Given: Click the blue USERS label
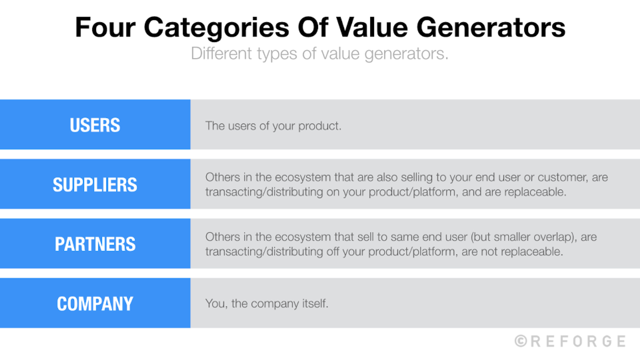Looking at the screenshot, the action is point(95,125).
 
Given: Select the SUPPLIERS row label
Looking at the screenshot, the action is point(95,185).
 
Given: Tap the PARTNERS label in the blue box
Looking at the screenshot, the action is point(95,244).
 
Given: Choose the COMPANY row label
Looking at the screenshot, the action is point(95,304).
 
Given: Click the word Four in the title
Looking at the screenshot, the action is point(105,28).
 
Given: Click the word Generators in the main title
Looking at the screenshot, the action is point(491,28).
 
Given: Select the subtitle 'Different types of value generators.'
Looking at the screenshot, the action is point(320,53).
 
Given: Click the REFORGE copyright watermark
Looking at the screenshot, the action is point(570,341).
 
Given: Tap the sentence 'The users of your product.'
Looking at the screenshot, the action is point(273,126).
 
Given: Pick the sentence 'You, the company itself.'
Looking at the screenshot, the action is point(267,303).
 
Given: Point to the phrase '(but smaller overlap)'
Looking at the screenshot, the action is point(524,237).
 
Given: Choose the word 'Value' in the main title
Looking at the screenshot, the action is point(372,28).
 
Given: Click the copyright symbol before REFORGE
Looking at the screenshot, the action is point(521,341).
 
